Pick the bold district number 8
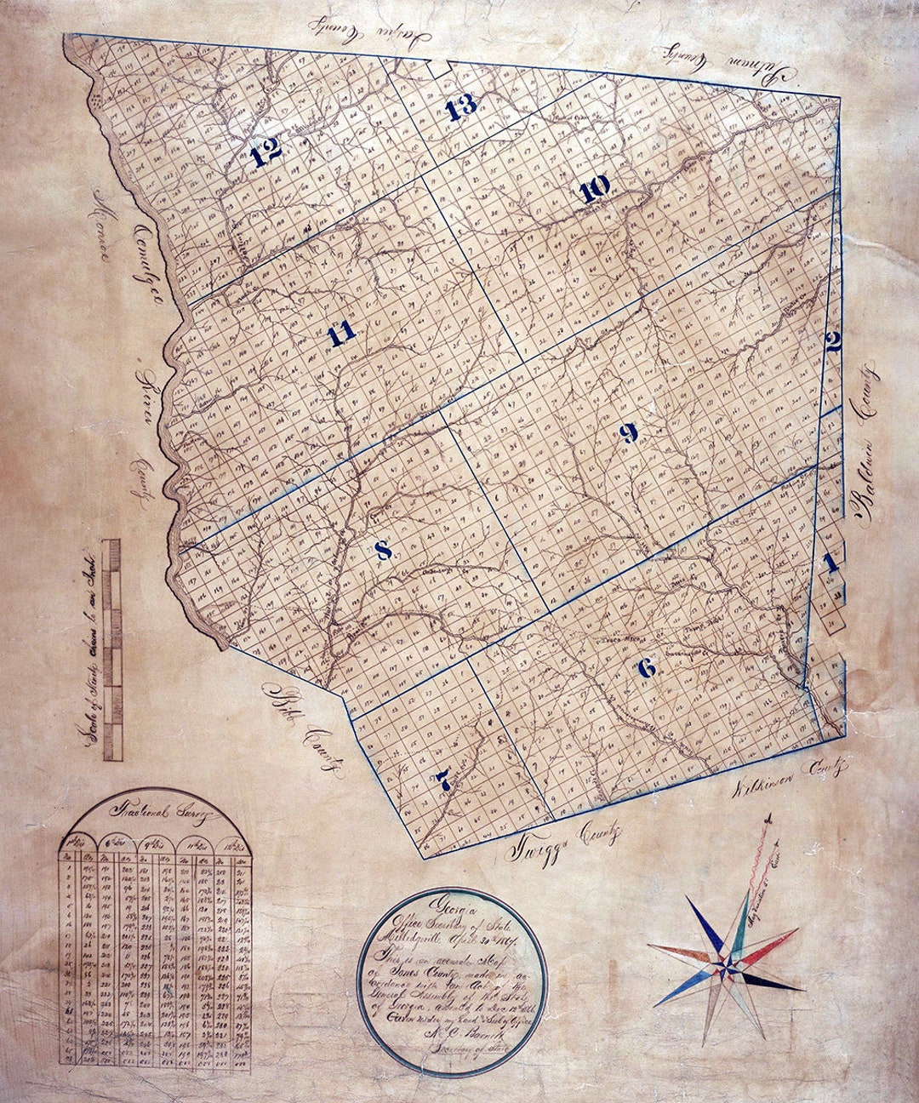point(383,551)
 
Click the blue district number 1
point(831,563)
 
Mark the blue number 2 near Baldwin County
point(833,342)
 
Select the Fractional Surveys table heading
point(153,820)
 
